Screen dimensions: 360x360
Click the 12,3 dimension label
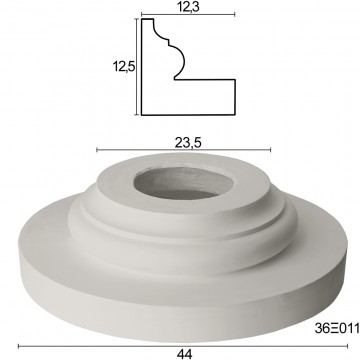[x=188, y=7]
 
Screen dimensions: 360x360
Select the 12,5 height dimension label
[x=123, y=67]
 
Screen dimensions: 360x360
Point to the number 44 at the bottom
[x=184, y=354]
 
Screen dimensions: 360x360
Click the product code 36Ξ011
[x=337, y=329]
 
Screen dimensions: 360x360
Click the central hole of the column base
[x=184, y=183]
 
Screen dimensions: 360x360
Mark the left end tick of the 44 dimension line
[x=19, y=346]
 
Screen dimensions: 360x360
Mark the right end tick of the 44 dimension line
[x=347, y=346]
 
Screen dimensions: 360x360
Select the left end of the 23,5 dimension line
[x=97, y=150]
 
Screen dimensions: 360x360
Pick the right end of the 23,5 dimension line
[x=270, y=150]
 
